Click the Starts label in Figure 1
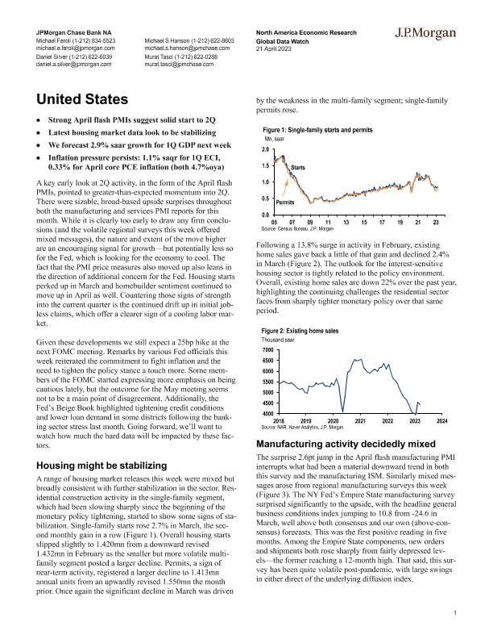tap(298, 166)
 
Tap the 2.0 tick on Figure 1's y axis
tap(265, 150)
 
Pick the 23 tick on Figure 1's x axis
tap(435, 222)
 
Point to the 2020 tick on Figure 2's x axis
tap(333, 421)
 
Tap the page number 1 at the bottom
tap(455, 615)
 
